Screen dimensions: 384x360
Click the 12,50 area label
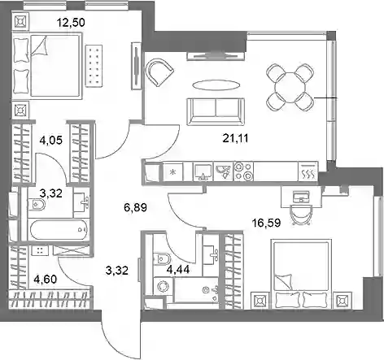(71, 23)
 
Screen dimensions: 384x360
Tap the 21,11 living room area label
(235, 138)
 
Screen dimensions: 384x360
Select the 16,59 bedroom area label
(266, 223)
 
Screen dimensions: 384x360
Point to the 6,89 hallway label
(135, 208)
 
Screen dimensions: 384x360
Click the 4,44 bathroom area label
(178, 269)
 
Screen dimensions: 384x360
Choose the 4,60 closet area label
(45, 279)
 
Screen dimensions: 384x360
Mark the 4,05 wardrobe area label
(51, 141)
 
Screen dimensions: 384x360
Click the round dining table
(290, 88)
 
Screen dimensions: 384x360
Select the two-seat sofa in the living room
(216, 111)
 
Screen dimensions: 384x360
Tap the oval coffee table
(216, 85)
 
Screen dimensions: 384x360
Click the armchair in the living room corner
(159, 72)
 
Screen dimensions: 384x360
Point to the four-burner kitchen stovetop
(243, 171)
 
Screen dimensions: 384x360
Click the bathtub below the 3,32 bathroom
(59, 230)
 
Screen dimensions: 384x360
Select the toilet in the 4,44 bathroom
(161, 258)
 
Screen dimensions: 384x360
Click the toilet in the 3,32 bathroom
(37, 204)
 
